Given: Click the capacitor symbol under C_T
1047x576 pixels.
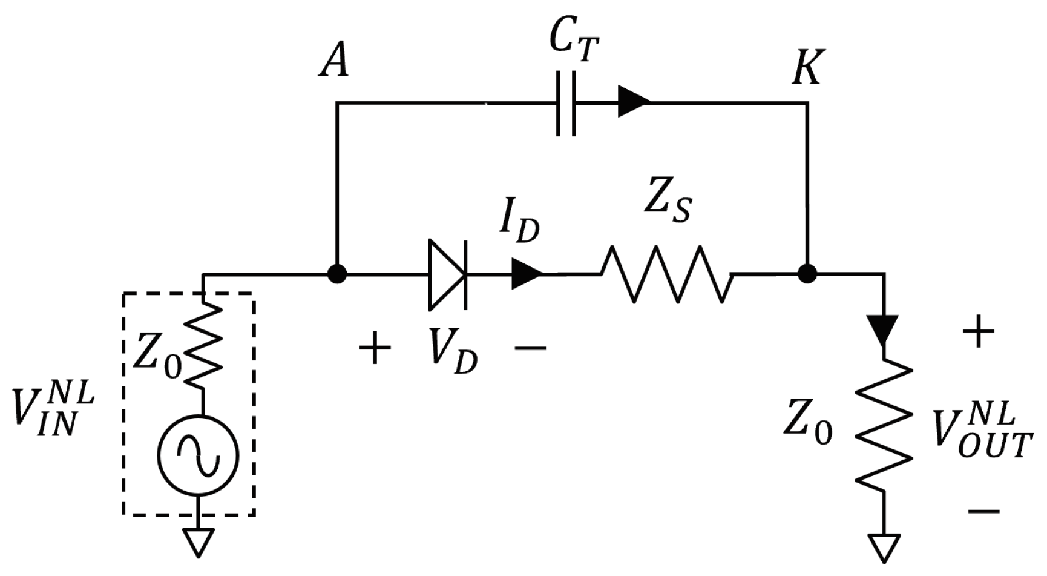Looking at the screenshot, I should point(565,104).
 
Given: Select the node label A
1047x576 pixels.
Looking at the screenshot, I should point(334,61).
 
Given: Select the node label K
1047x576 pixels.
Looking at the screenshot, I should point(807,68).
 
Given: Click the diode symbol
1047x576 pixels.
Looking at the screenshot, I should point(447,274).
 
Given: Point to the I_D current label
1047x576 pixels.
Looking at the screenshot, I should point(519,223).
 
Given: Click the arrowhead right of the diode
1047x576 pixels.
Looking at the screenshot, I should point(526,274).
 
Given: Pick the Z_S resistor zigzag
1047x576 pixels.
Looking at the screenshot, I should point(666,274).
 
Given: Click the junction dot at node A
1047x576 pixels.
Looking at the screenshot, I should point(336,274).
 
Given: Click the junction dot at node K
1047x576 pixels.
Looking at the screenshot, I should point(807,274).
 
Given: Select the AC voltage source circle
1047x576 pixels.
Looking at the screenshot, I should point(198,455).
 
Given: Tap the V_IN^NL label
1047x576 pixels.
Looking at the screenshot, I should point(53,410).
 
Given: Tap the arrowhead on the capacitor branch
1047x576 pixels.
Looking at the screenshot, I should point(632,102).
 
